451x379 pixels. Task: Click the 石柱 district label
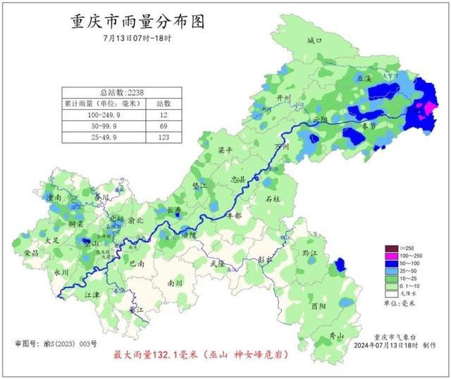pyautogui.click(x=273, y=199)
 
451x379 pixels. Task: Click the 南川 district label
pyautogui.click(x=175, y=282)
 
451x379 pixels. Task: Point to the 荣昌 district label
pyautogui.click(x=31, y=252)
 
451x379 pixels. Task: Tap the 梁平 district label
pyautogui.click(x=225, y=151)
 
